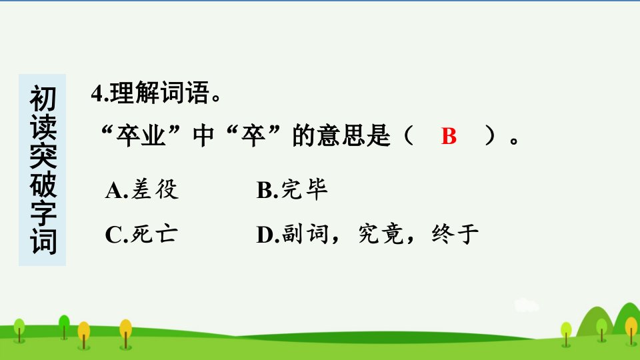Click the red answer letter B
pyautogui.click(x=449, y=136)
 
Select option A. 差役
pyautogui.click(x=141, y=190)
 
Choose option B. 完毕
pyautogui.click(x=292, y=190)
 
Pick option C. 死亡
pyautogui.click(x=141, y=234)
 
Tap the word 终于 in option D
pyautogui.click(x=455, y=234)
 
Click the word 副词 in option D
pyautogui.click(x=305, y=234)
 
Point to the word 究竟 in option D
pyautogui.click(x=381, y=234)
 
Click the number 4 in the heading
pyautogui.click(x=97, y=93)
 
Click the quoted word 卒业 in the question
pyautogui.click(x=141, y=135)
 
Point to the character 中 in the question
pyautogui.click(x=203, y=135)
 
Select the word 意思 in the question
pyautogui.click(x=341, y=135)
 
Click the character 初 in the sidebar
pyautogui.click(x=43, y=99)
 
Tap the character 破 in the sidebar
pyautogui.click(x=43, y=185)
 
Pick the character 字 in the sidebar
pyautogui.click(x=43, y=213)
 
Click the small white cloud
pyautogui.click(x=527, y=305)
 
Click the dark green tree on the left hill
pyautogui.click(x=64, y=326)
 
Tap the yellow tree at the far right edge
pyautogui.click(x=631, y=329)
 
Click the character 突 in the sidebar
pyautogui.click(x=43, y=155)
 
